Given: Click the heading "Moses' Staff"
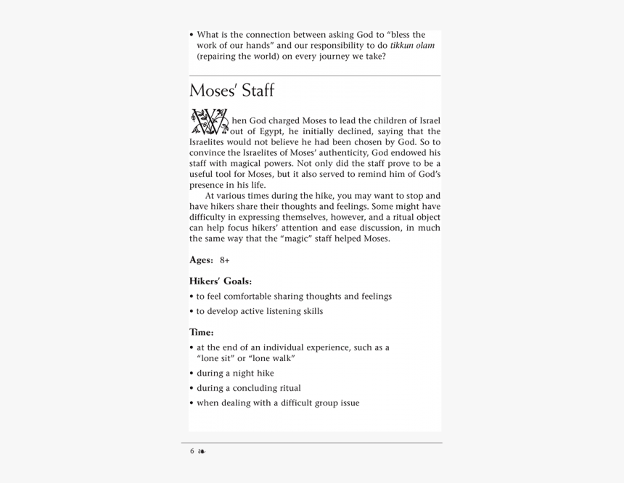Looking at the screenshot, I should point(231,91).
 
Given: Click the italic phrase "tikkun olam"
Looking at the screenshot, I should point(412,45).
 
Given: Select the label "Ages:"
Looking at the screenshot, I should point(201,260).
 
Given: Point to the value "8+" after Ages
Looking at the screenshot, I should point(225,260).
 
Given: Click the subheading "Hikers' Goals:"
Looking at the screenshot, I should point(221,281).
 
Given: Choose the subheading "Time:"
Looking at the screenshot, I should point(201,332).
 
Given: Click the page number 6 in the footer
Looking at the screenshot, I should point(192,451).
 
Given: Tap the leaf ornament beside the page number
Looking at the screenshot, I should point(202,451).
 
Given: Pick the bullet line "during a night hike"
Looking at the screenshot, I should point(235,373).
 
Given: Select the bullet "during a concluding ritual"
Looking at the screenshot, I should point(248,388).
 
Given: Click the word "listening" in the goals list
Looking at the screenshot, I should point(282,311).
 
